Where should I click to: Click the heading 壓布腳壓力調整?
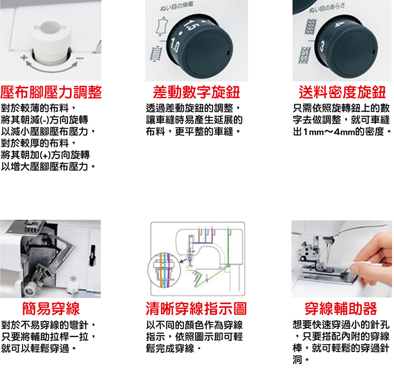pos(51,92)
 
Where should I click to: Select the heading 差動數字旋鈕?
pos(197,92)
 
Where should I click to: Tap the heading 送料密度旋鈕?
pos(342,92)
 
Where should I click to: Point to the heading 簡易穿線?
pos(51,308)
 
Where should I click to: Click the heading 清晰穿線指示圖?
pos(196,308)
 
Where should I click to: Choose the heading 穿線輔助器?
pos(341,308)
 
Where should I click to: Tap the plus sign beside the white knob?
pos(24,58)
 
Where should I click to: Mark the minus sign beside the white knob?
pos(80,58)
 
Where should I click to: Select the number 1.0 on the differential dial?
pos(175,45)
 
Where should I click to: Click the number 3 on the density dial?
pos(322,46)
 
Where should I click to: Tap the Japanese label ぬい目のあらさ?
pos(327,8)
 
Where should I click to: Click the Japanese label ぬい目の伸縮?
pos(177,7)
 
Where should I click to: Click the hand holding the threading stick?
pos(369,256)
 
